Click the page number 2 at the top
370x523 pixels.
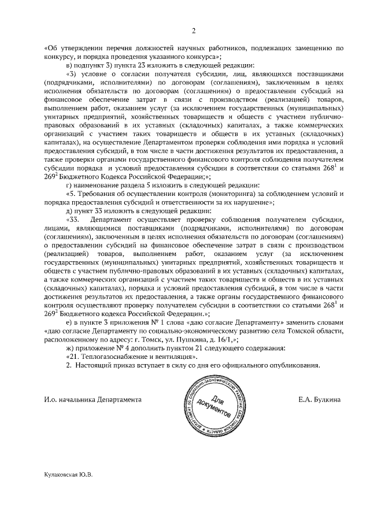[194, 31]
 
